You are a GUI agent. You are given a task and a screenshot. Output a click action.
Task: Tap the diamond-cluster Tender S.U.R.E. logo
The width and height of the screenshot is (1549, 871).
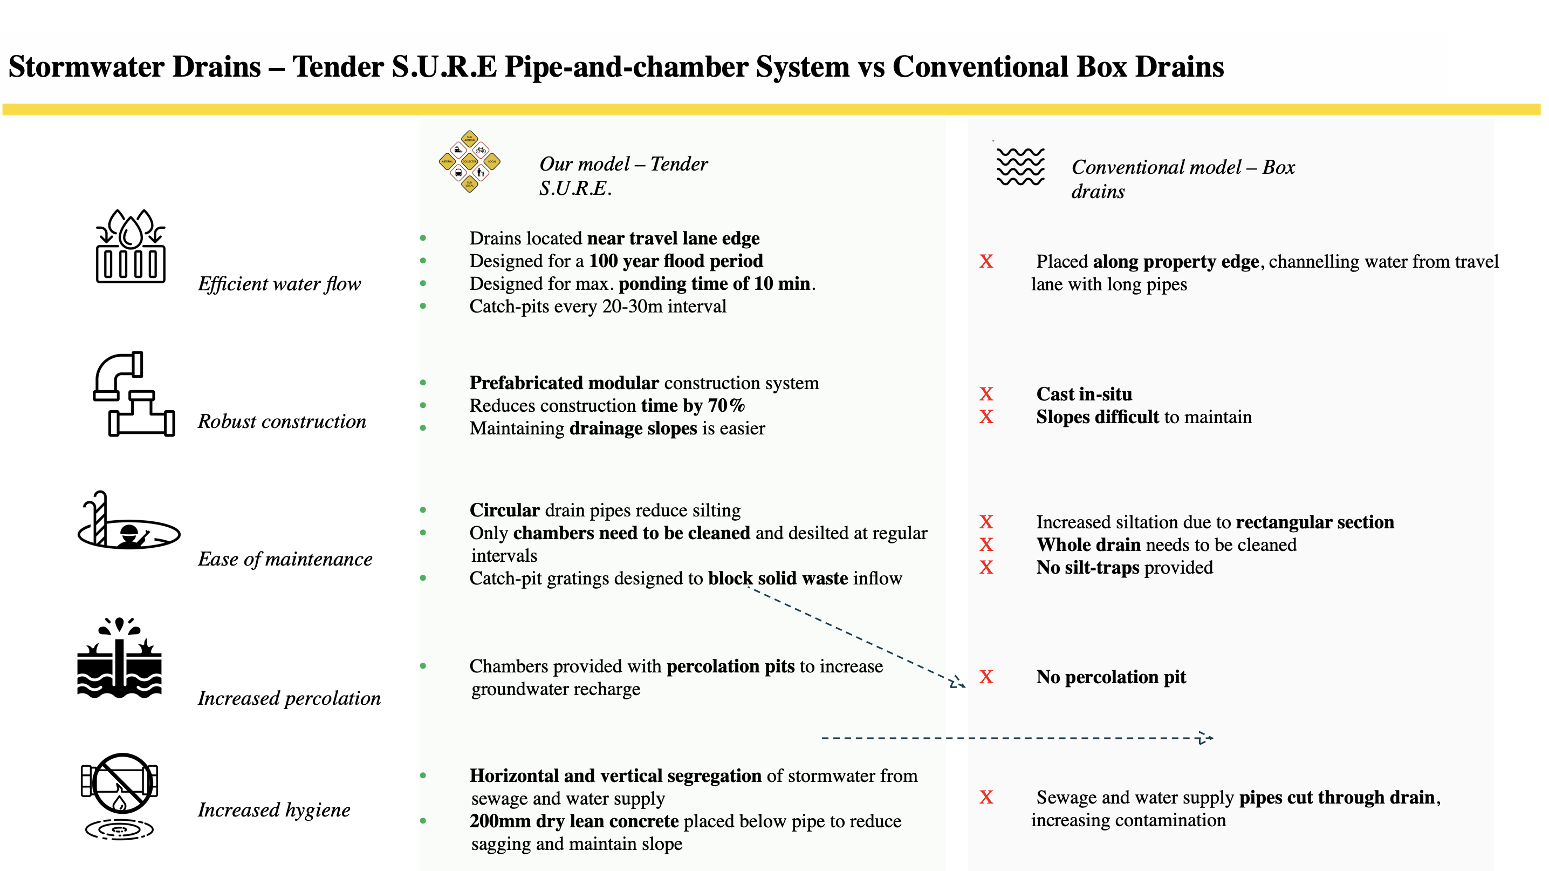coord(469,161)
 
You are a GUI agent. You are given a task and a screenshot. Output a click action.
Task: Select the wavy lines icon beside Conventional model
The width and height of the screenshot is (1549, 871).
coord(1020,166)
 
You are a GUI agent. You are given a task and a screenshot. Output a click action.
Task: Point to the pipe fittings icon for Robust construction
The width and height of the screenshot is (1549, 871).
coord(134,394)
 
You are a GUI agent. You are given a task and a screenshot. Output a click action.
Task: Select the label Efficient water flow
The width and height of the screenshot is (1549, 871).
coord(279,284)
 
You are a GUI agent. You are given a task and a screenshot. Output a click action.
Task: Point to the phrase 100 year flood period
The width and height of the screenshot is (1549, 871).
coord(675,261)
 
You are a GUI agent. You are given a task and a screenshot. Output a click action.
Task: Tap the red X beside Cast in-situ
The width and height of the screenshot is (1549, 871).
coord(986,394)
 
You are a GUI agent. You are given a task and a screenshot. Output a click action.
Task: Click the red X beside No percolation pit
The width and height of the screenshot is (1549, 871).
coord(986,677)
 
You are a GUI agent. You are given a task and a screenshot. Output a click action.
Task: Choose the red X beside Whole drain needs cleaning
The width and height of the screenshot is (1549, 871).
coord(986,545)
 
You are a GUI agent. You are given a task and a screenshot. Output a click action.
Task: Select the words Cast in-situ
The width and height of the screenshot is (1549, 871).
coord(1084,394)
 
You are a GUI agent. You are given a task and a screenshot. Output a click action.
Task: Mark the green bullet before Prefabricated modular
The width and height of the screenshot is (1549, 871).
coord(423,383)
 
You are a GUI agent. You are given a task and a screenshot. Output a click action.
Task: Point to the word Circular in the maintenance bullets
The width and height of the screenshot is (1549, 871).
coord(504,510)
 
